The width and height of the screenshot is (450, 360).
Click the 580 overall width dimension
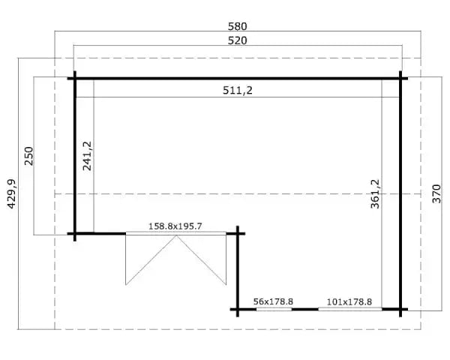pyautogui.click(x=237, y=26)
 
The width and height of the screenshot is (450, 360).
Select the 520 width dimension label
pyautogui.click(x=237, y=40)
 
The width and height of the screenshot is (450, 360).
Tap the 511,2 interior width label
pyautogui.click(x=238, y=91)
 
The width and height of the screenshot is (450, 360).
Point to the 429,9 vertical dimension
pyautogui.click(x=11, y=193)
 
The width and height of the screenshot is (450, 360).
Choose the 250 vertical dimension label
pyautogui.click(x=29, y=156)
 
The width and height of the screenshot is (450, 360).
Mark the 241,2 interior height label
pyautogui.click(x=87, y=156)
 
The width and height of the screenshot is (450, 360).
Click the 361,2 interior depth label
pyautogui.click(x=375, y=193)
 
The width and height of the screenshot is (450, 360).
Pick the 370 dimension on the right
pyautogui.click(x=436, y=193)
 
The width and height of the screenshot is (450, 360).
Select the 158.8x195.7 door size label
pyautogui.click(x=175, y=226)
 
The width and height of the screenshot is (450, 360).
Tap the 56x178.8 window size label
pyautogui.click(x=273, y=301)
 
